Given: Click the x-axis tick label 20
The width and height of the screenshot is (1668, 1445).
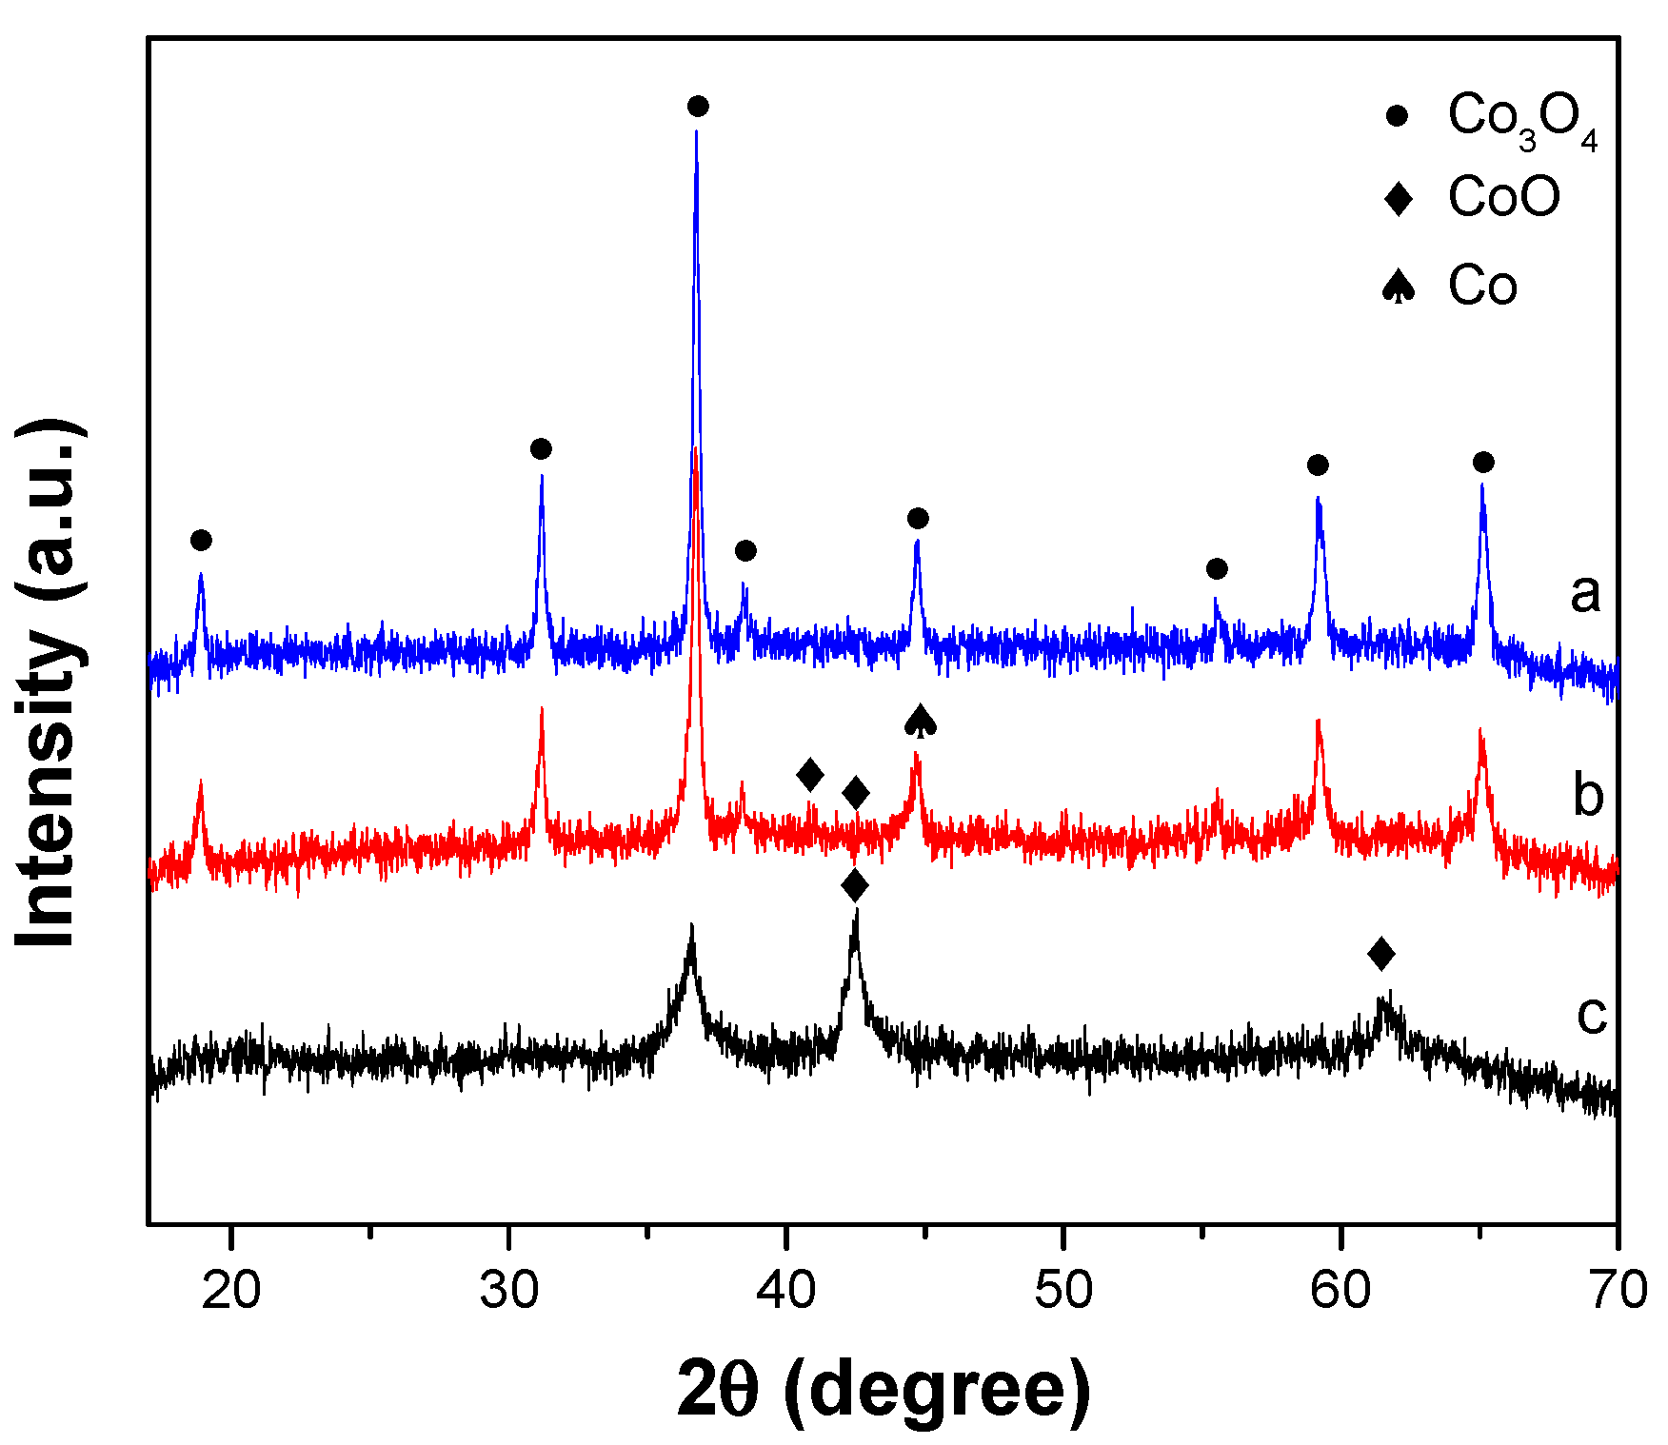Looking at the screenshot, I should click(x=231, y=1292).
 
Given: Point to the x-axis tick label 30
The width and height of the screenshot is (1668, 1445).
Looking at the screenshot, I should click(x=508, y=1292).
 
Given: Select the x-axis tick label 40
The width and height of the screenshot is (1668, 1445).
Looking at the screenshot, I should click(x=785, y=1292).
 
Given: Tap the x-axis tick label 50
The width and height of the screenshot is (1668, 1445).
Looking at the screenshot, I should click(x=1062, y=1292).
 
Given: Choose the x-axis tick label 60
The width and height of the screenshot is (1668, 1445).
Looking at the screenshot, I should click(x=1340, y=1292).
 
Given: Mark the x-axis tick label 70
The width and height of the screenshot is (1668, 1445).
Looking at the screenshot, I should click(x=1618, y=1292).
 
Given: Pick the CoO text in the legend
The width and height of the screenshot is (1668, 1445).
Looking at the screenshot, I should click(x=1504, y=198).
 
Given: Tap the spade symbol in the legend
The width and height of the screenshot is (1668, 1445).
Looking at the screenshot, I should click(x=1398, y=286).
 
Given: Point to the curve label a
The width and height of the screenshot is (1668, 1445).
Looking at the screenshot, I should click(x=1585, y=594).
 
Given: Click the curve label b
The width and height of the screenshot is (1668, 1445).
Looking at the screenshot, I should click(x=1587, y=796).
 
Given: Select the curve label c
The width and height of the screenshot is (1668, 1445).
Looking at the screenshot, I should click(x=1592, y=1015).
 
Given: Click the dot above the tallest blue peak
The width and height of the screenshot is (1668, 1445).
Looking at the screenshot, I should click(x=698, y=106).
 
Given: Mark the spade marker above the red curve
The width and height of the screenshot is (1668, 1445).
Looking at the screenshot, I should click(x=920, y=722).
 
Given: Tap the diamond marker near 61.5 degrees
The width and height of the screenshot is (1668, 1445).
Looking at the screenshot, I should click(x=1381, y=953).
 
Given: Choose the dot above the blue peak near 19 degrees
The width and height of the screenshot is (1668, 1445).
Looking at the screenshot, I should click(x=201, y=541).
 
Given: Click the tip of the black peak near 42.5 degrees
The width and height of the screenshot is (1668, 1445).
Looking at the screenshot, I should click(x=856, y=911).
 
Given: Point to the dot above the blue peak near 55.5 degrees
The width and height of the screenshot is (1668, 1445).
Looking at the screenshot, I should click(x=1217, y=569).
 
